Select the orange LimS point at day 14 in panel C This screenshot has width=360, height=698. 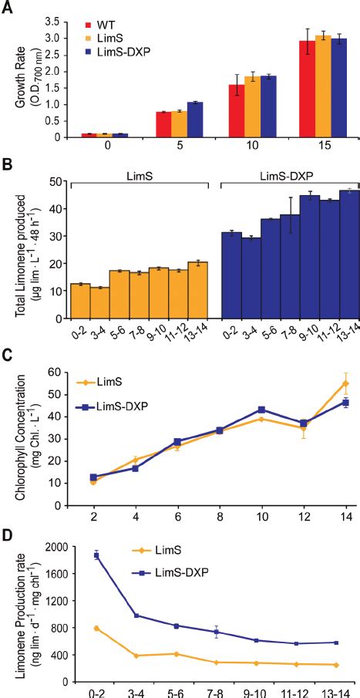[345, 383]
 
